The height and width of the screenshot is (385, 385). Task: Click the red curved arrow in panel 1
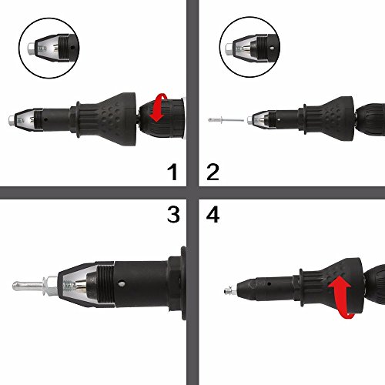[x=160, y=109]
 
